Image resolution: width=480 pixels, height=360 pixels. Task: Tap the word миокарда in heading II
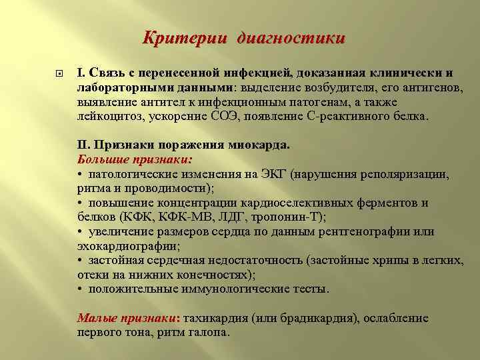click(x=246, y=145)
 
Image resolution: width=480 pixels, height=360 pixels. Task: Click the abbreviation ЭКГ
click(x=253, y=174)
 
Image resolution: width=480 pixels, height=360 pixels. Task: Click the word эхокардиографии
click(x=131, y=246)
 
